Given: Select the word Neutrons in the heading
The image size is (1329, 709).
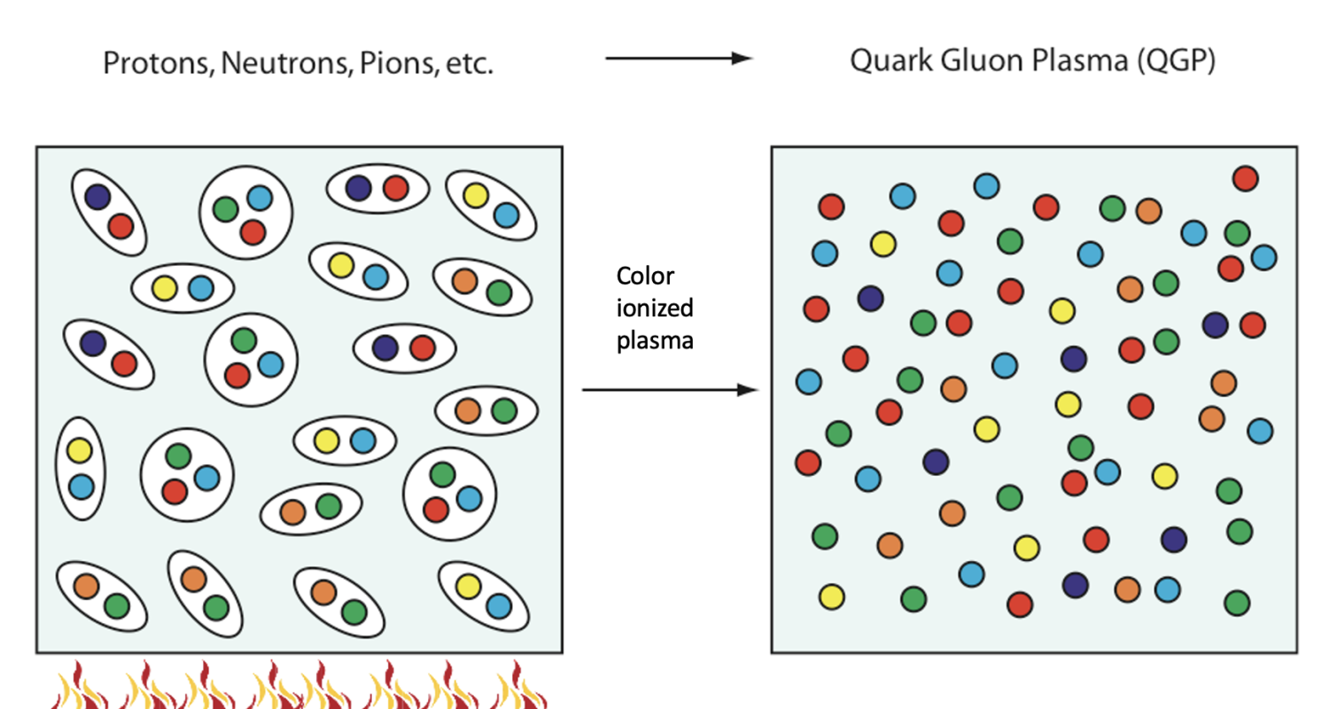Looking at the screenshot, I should coord(267,64).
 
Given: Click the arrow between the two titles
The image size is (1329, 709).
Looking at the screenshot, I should coord(679,58).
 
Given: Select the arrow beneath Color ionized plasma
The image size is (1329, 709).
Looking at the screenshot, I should coord(671,390).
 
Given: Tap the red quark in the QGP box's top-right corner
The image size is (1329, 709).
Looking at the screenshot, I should coord(1245,178).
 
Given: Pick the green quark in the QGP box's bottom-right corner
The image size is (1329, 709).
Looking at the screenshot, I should coord(1237,603).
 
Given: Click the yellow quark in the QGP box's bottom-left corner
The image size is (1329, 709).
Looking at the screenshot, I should coord(831,596).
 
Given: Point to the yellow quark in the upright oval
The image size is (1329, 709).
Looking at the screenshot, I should coord(80,450).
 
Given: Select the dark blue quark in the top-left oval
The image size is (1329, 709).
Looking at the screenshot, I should coord(97,196).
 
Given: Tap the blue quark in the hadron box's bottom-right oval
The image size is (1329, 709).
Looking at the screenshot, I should coord(499,606).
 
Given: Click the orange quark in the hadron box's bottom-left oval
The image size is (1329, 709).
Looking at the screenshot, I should coord(86,586).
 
